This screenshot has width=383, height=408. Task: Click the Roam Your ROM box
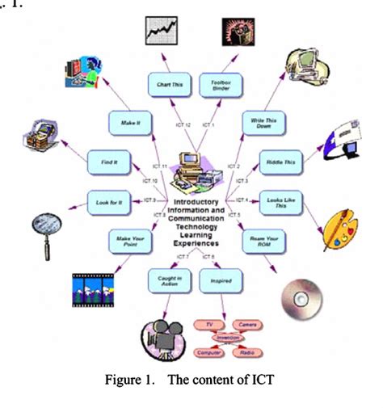[260, 240]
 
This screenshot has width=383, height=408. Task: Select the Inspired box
[221, 280]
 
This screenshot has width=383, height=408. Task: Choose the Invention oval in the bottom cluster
[227, 337]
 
